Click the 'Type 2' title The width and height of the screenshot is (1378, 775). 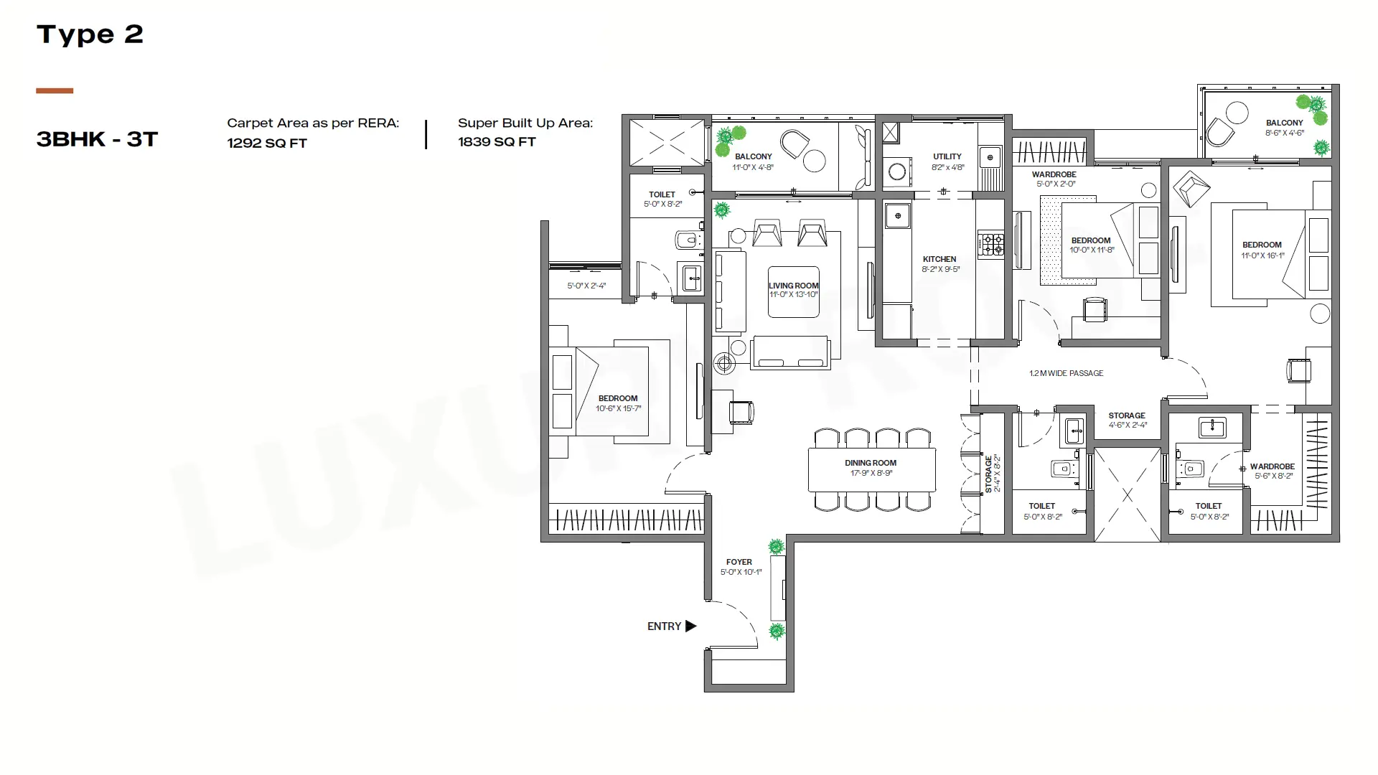click(x=90, y=34)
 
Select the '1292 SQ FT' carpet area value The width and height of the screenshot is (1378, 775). click(x=267, y=143)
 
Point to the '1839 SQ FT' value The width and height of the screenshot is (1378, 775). click(x=497, y=141)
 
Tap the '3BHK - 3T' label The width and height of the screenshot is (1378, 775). click(x=97, y=139)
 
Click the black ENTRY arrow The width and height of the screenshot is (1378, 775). click(x=691, y=626)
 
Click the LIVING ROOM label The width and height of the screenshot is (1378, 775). click(x=794, y=286)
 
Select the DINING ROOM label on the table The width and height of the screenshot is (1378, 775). click(x=871, y=463)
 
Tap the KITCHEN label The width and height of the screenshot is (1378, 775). click(x=939, y=259)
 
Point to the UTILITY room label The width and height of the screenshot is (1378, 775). click(x=947, y=156)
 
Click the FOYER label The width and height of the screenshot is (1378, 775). click(x=739, y=562)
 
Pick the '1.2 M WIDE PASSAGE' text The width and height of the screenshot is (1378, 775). click(x=1067, y=373)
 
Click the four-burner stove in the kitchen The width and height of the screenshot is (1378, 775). click(x=991, y=244)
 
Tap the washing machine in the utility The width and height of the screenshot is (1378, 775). click(x=896, y=172)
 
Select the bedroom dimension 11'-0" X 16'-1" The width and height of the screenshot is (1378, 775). click(x=1262, y=255)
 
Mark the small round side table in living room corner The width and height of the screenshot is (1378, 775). click(x=724, y=364)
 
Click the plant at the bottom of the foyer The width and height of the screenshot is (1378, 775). click(x=777, y=631)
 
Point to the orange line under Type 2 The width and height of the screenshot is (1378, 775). click(x=55, y=90)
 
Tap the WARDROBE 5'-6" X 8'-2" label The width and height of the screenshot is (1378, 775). click(x=1272, y=471)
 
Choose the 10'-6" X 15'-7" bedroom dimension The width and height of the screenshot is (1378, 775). click(x=618, y=408)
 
